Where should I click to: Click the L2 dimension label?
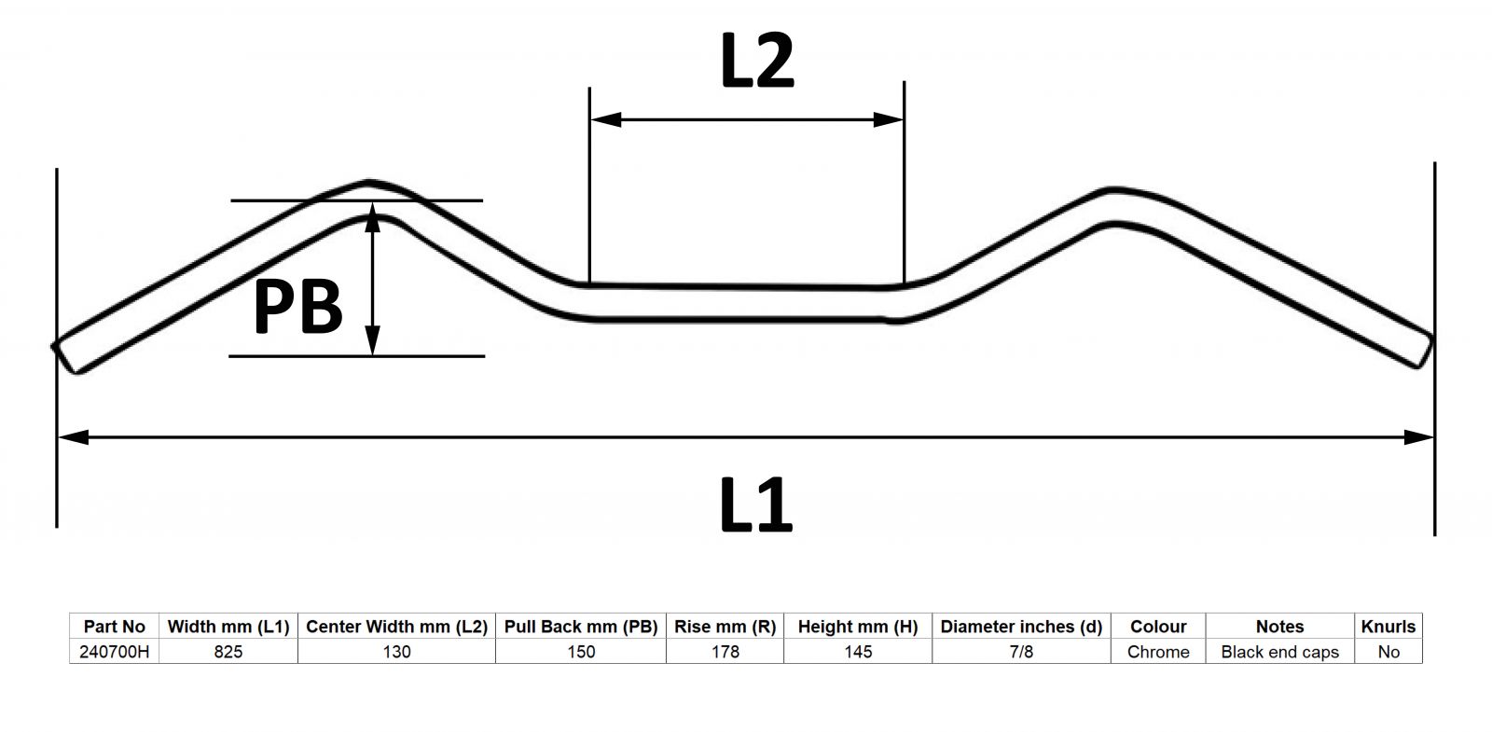758,61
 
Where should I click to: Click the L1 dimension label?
756,504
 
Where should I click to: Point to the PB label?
297,307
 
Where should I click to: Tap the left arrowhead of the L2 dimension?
606,120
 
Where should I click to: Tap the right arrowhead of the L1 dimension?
1418,437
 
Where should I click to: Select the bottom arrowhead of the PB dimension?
373,340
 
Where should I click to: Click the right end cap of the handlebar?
1425,351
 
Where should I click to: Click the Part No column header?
115,627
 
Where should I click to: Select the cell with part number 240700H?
115,652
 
